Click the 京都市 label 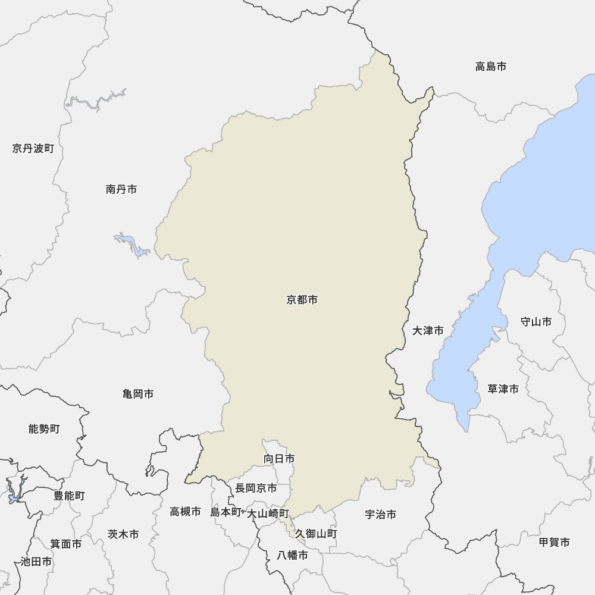(x=302, y=300)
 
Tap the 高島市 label (x=491, y=67)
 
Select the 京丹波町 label (x=33, y=148)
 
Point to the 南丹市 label (x=121, y=189)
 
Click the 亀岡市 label (x=138, y=394)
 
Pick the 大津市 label (x=428, y=330)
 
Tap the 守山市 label (x=535, y=322)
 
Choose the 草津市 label (x=503, y=389)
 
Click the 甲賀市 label (x=554, y=542)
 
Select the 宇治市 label (x=380, y=515)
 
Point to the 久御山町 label (x=316, y=534)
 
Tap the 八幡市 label (x=293, y=556)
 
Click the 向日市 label (x=279, y=459)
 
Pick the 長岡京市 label (x=256, y=488)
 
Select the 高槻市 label (x=185, y=511)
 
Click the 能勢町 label (x=44, y=428)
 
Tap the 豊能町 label (x=69, y=496)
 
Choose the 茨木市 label (x=123, y=534)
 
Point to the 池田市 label (x=36, y=561)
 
